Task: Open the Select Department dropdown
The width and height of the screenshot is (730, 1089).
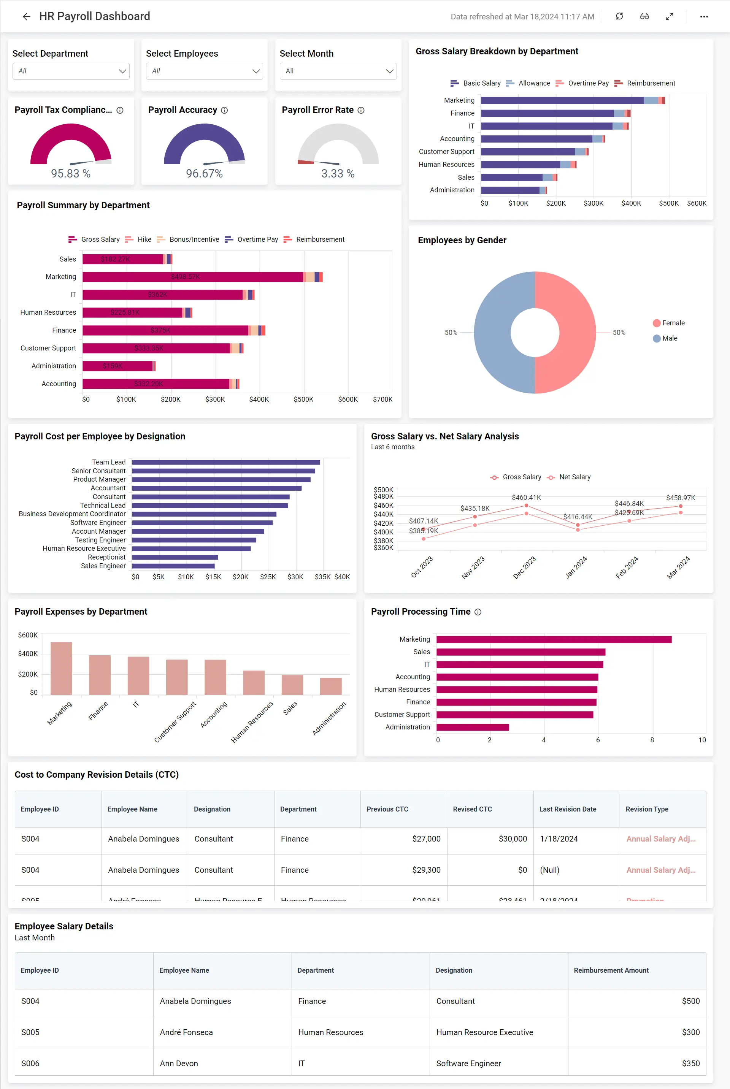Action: click(71, 71)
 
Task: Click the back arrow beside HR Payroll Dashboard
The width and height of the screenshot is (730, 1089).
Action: click(27, 17)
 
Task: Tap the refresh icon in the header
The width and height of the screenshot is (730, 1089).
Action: click(619, 17)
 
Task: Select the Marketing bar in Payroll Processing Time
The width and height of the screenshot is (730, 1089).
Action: click(554, 639)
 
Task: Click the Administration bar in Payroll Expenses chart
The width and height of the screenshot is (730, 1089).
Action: click(330, 686)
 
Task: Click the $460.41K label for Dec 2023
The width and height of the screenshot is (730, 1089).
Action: click(526, 498)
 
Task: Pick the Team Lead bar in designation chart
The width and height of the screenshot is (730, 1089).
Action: click(226, 462)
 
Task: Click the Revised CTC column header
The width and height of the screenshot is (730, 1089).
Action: click(472, 809)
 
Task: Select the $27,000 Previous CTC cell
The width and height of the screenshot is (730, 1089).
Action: click(426, 839)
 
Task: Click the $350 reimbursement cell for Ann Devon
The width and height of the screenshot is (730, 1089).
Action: click(690, 1064)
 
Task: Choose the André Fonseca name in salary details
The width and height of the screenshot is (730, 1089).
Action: click(186, 1032)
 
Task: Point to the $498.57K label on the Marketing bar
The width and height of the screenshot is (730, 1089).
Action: click(185, 277)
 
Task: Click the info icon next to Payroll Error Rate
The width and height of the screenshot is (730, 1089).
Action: click(361, 110)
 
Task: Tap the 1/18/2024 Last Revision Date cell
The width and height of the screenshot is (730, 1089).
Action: click(559, 839)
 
